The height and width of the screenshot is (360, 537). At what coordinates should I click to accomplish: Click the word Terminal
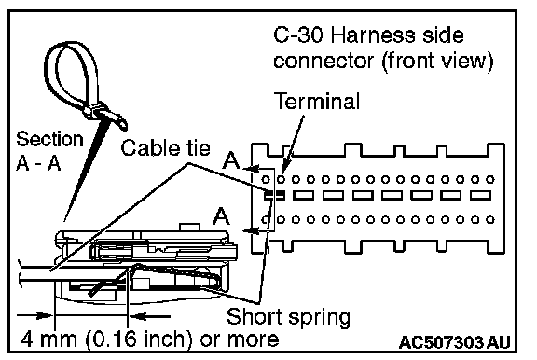tap(317, 102)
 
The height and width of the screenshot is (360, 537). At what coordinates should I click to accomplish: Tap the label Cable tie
tap(165, 148)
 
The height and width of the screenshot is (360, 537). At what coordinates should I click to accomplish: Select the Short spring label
tap(288, 317)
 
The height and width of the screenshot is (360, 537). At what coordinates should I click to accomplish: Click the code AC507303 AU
tap(454, 342)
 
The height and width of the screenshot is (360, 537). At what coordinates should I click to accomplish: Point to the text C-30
tap(298, 35)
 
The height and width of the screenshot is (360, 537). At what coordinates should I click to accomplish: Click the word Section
tap(49, 139)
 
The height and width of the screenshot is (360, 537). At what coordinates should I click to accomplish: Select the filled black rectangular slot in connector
tap(274, 196)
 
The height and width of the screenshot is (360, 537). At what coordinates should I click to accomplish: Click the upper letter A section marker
tap(231, 160)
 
